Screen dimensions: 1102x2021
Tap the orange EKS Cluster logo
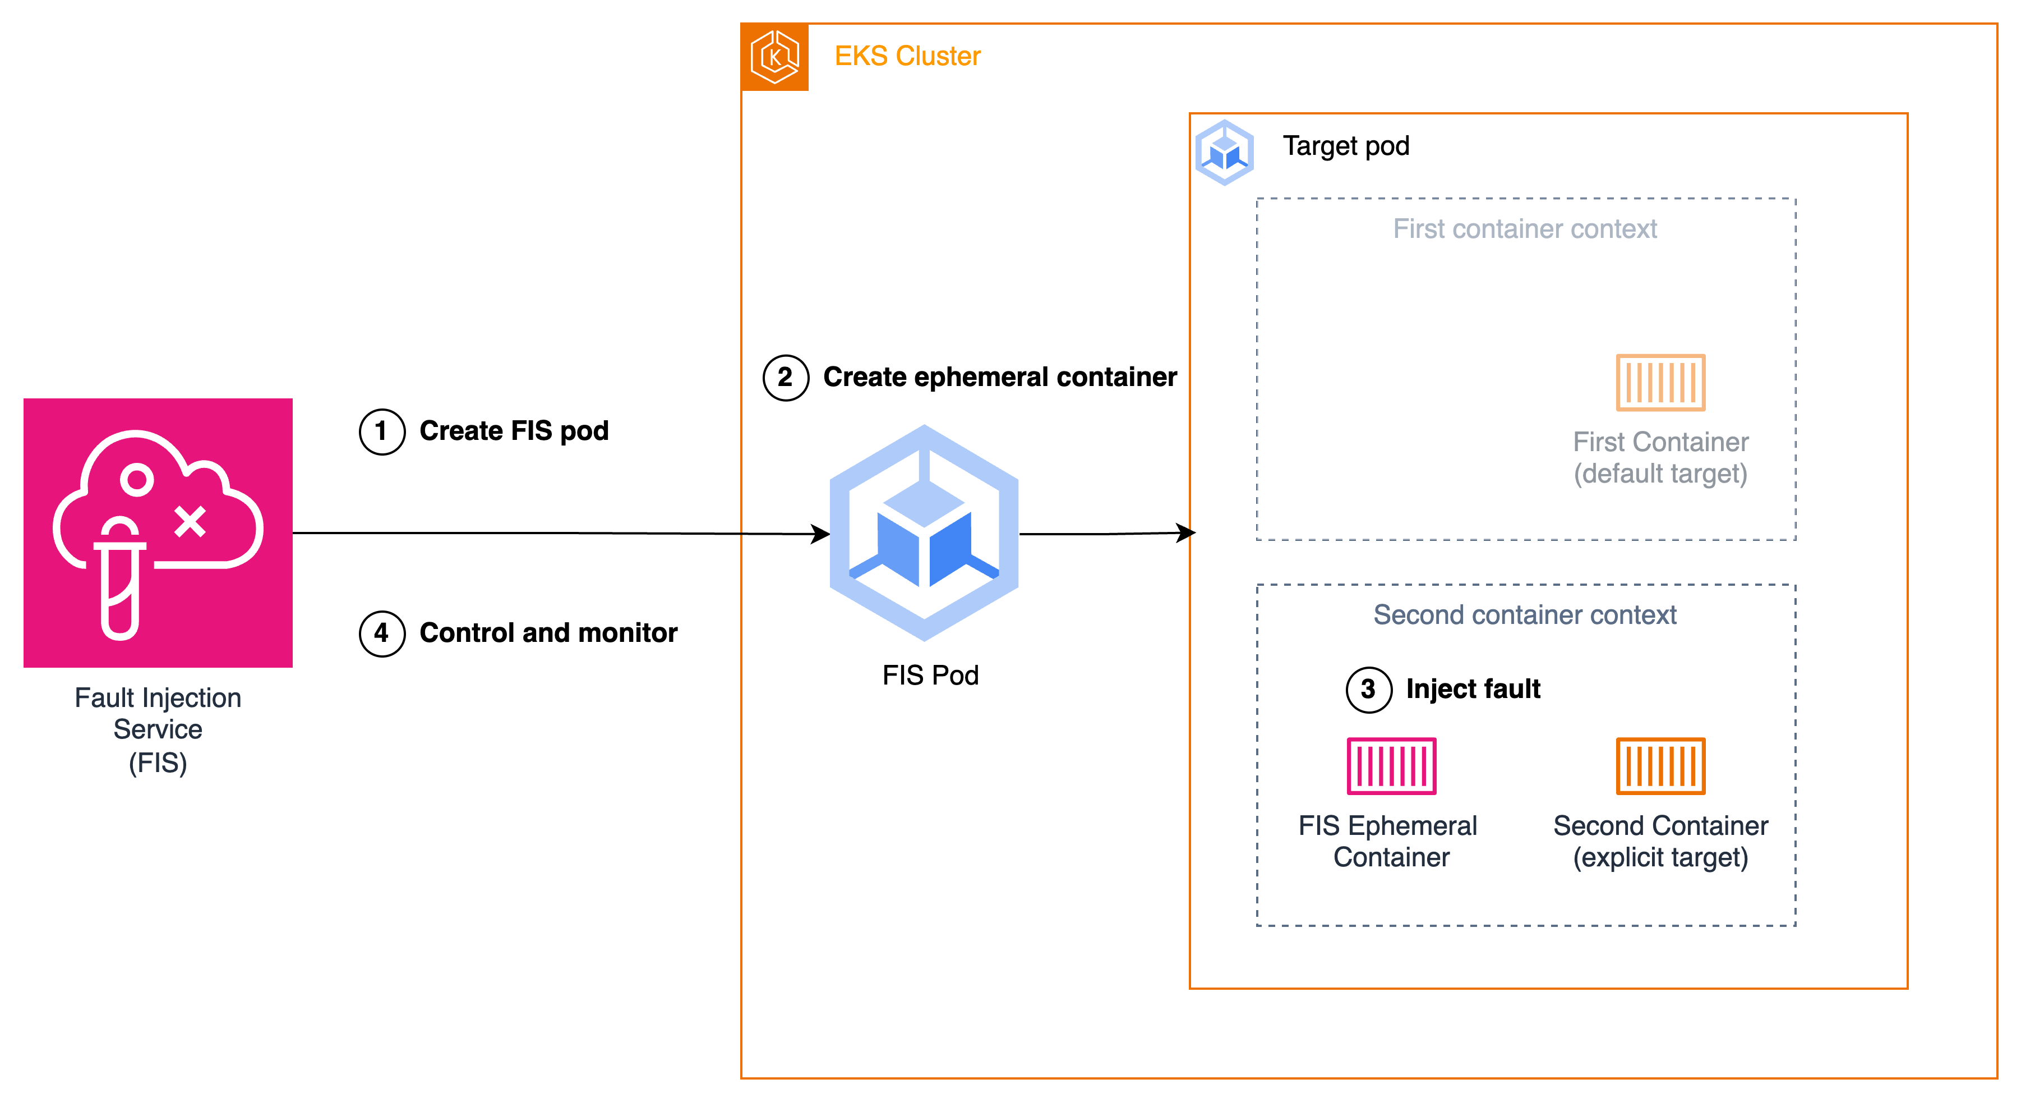(774, 57)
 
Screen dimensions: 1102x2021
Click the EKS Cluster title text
(907, 57)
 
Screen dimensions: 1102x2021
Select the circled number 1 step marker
(382, 431)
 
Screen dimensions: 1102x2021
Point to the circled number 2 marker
(785, 378)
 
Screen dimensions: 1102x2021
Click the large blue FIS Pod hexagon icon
(924, 533)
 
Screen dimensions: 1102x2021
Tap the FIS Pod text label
(930, 676)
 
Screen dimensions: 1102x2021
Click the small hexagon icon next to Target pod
(1224, 152)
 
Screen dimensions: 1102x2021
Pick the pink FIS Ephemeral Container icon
(1391, 766)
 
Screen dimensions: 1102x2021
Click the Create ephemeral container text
(999, 378)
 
